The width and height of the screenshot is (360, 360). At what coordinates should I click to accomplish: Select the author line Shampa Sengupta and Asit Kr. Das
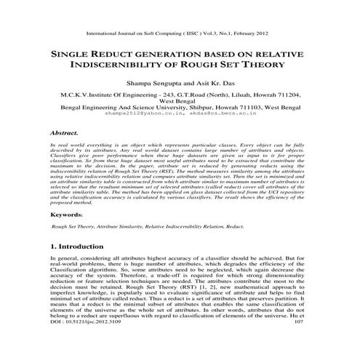[183, 84]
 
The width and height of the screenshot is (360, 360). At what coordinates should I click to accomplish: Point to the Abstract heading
[65, 134]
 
